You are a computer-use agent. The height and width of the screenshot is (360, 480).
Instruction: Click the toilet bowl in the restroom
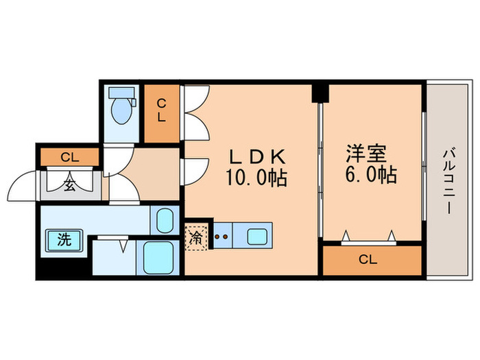click(x=122, y=109)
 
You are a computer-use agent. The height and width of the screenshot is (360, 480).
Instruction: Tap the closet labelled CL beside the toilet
click(x=161, y=110)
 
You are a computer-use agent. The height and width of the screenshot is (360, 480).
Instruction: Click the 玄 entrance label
click(x=70, y=183)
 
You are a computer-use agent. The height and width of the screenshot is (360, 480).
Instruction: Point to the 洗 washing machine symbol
click(x=64, y=240)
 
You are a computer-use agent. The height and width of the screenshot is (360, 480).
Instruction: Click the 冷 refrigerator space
click(x=197, y=237)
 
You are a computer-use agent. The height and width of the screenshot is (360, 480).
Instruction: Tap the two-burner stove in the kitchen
click(x=221, y=237)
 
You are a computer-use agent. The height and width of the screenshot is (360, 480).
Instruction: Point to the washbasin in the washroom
click(x=164, y=221)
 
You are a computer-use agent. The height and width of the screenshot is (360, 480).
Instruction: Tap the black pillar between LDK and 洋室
click(x=319, y=92)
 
